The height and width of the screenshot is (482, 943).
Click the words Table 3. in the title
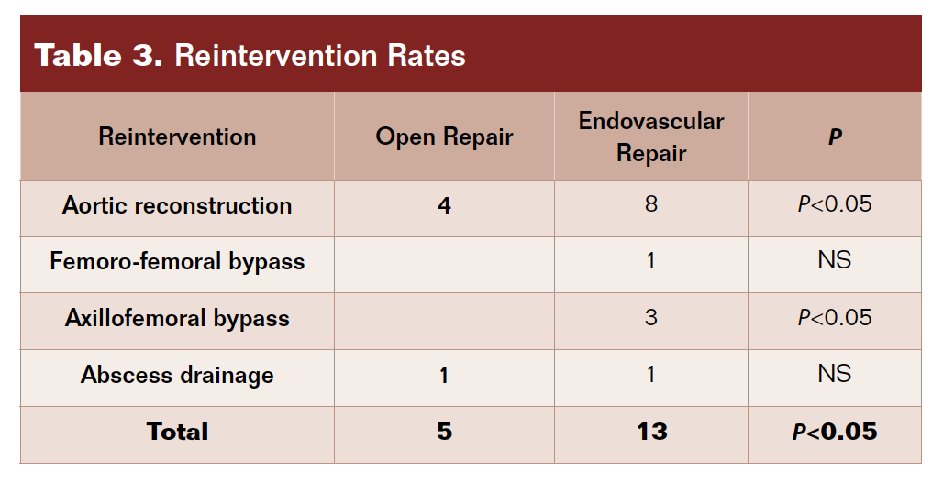[99, 55]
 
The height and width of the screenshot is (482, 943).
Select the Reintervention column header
[177, 137]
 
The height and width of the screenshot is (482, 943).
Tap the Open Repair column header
[444, 137]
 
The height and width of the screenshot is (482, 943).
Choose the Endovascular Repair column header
[651, 137]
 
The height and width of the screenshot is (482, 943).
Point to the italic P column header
[835, 137]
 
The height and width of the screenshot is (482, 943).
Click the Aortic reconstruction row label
[177, 205]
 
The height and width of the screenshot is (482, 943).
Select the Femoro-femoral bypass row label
[177, 262]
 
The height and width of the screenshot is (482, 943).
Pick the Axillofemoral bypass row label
[177, 318]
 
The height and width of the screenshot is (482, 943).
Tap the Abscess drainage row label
[177, 375]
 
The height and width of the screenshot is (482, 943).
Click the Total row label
[177, 432]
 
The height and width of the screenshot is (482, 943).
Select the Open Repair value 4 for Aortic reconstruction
[444, 206]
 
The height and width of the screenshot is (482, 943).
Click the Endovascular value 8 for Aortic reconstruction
[651, 204]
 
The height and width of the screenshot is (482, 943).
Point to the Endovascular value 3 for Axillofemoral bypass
[651, 317]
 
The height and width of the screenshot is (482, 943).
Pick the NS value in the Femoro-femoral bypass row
[835, 260]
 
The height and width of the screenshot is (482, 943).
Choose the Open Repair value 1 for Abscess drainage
[444, 376]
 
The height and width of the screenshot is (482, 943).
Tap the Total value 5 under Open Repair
[444, 432]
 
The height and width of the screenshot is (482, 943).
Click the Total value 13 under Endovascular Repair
[652, 432]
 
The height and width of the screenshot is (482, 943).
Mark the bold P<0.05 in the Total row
[835, 432]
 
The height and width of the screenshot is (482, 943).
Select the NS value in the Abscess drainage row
[835, 374]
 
